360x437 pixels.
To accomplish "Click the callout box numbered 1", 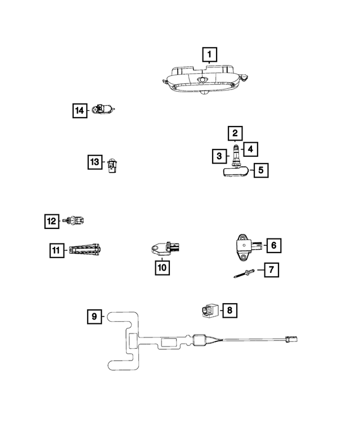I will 209,55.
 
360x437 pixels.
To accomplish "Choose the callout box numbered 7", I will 271,270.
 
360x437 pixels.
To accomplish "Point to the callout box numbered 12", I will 52,221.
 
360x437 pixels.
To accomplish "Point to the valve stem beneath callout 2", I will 235,152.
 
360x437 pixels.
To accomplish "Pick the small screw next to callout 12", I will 73,221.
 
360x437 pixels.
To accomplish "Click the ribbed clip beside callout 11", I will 85,249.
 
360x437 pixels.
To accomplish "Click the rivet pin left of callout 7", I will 244,274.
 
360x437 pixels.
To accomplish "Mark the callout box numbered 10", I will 162,268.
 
